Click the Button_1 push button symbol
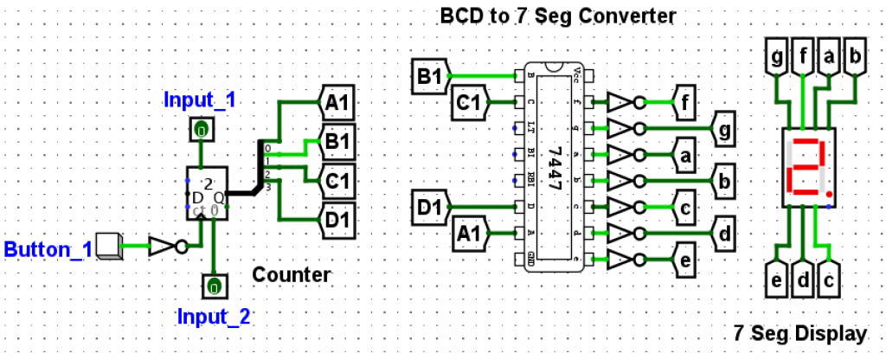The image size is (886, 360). click(107, 246)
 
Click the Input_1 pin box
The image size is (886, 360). click(200, 131)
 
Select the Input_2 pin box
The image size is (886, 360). click(212, 284)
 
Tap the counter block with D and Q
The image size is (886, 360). click(205, 190)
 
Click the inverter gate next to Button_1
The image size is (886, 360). click(167, 246)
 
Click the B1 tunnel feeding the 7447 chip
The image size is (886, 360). click(429, 76)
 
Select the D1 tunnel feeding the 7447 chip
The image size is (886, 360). click(429, 208)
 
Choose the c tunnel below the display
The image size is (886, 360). click(830, 280)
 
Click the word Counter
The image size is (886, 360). click(292, 275)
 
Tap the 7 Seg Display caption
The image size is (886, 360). click(799, 332)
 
